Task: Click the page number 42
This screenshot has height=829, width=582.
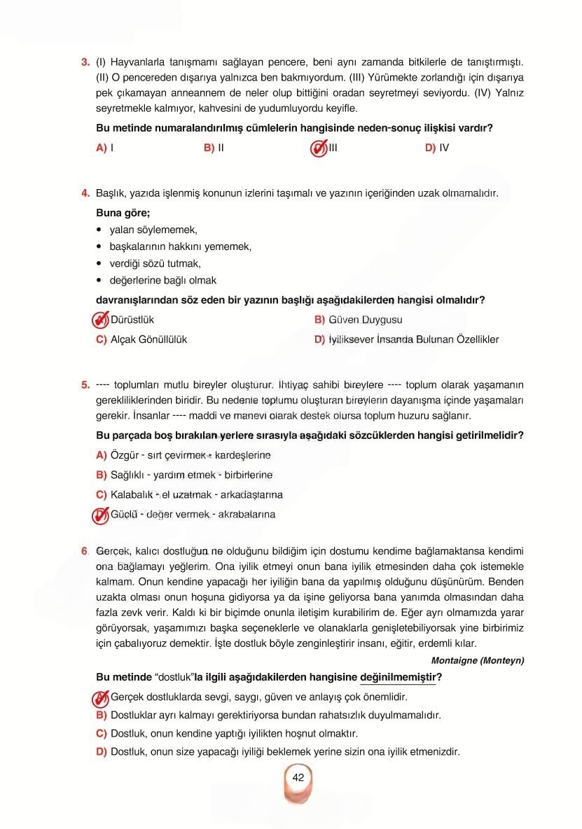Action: pos(298,777)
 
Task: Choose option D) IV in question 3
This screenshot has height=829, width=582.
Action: pos(437,148)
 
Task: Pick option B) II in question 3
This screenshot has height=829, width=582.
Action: pos(214,148)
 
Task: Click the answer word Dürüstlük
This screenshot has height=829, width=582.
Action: pos(132,320)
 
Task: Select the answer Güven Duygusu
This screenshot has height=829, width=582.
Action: pos(375,320)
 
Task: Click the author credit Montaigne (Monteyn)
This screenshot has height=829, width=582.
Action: pos(477,660)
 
